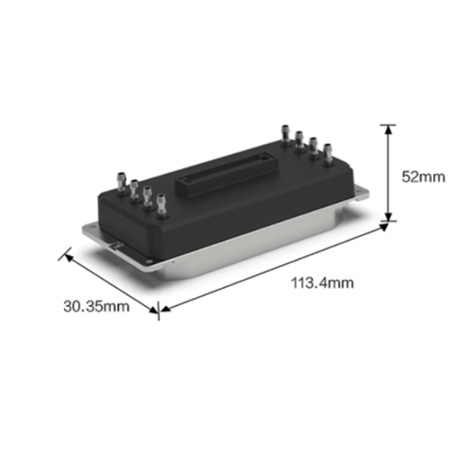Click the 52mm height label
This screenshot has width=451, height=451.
422,177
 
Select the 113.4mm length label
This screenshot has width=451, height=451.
322,282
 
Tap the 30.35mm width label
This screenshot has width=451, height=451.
97,306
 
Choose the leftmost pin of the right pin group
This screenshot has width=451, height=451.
283,135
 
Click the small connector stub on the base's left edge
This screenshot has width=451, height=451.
115,244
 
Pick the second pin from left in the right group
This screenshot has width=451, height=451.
299,139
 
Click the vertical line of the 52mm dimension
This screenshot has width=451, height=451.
389,171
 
